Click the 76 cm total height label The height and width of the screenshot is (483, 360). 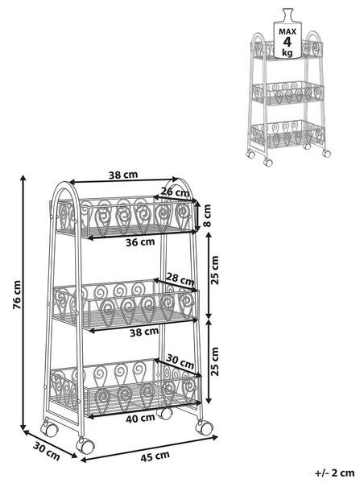tap(17, 295)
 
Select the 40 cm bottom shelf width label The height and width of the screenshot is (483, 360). tap(140, 418)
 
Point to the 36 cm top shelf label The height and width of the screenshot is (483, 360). tap(140, 242)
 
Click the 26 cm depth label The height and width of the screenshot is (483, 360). tap(176, 192)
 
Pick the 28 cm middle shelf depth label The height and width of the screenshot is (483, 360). tap(180, 279)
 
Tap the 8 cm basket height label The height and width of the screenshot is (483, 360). tap(207, 215)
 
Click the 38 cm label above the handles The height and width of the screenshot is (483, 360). tap(123, 175)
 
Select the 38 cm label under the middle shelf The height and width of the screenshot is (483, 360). tap(144, 332)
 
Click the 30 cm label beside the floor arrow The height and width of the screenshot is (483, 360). tap(47, 452)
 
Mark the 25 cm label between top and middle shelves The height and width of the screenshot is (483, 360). tap(214, 270)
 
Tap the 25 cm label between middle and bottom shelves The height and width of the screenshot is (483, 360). tap(214, 361)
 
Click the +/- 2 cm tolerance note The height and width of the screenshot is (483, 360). tap(335, 473)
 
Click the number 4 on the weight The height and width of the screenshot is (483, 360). tap(288, 42)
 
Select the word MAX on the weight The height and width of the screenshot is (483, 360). tap(288, 31)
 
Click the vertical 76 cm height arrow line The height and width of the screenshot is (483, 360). tap(23, 303)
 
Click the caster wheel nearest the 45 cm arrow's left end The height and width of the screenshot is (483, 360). tap(85, 445)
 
